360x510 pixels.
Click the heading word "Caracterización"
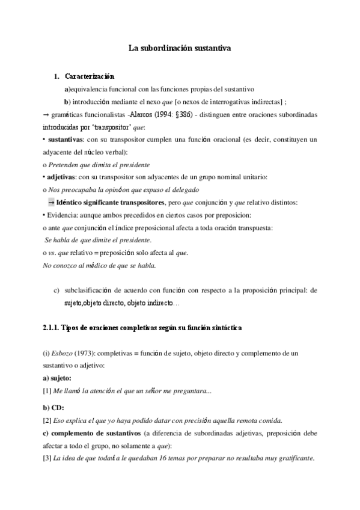pyautogui.click(x=89, y=76)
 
